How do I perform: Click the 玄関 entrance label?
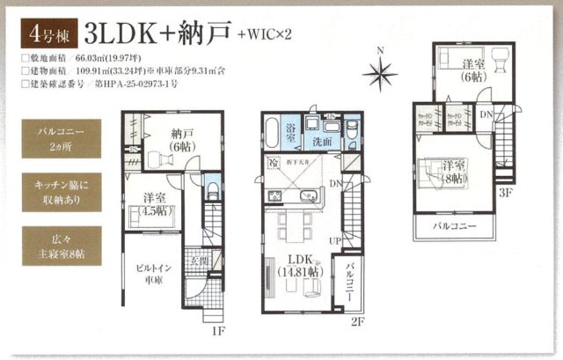[199, 261]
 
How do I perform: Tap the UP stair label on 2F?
[333, 240]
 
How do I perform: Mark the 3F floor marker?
[505, 193]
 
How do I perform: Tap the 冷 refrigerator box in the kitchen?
[276, 163]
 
